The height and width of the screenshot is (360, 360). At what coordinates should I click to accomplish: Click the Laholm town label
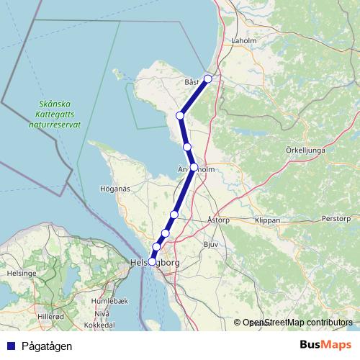[x=244, y=41]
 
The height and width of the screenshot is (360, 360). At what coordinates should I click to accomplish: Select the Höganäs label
[x=113, y=190]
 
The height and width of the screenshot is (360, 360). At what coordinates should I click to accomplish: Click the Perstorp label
[x=336, y=217]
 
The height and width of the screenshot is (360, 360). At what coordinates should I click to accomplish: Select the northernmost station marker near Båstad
[x=208, y=79]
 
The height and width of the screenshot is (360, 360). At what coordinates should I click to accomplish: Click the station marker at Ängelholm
[x=194, y=167]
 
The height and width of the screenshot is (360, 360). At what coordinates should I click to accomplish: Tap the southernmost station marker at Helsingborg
[x=151, y=262]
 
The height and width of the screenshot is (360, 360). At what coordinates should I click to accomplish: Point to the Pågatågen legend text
[x=46, y=346]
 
